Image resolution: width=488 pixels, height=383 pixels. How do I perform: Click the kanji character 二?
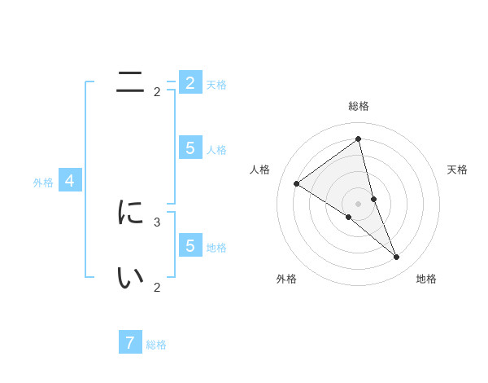coord(130,81)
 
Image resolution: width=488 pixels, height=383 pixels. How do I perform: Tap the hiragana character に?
coord(130,213)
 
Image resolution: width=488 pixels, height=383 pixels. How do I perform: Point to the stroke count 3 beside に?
coord(157,222)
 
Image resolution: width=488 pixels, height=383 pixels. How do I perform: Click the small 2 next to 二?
coord(157,92)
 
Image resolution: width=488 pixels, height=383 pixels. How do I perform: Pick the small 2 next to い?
coord(157,287)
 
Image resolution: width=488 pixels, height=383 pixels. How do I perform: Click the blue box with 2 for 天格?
coord(190,83)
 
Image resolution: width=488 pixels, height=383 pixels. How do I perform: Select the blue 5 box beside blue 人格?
coord(190,148)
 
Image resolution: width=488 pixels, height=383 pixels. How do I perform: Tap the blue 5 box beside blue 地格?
coord(190,245)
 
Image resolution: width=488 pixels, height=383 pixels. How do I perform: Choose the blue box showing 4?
coord(70,181)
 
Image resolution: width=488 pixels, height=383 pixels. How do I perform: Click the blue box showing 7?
coord(130,342)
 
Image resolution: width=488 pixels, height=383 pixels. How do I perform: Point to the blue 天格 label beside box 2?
coord(216,85)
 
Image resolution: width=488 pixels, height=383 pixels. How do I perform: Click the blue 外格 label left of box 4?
coord(43,183)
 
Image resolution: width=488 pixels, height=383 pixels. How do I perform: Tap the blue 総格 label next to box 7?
coord(156,345)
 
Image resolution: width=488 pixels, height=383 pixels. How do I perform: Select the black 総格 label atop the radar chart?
coord(358,106)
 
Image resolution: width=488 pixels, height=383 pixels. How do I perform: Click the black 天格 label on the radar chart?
coord(457,169)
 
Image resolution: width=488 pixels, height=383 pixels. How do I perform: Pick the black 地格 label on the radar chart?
coord(426,279)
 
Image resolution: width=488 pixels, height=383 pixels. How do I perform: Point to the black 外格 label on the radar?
coord(286,279)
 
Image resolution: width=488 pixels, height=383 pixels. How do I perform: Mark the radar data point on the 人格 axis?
coord(296,183)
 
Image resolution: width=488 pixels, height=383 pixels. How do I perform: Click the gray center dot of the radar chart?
coord(358,203)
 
